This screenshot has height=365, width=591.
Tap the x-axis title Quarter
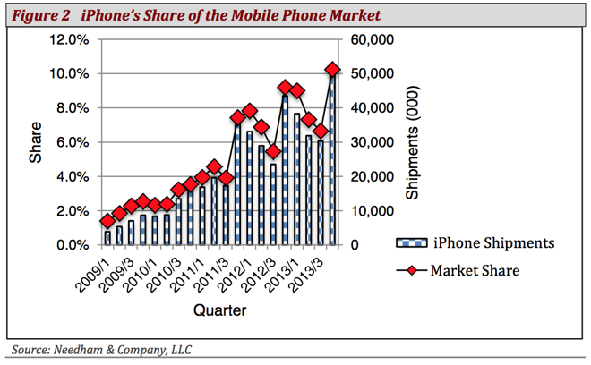pos(218,310)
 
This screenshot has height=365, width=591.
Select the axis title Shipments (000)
pos(413,143)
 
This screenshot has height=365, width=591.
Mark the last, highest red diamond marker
pos(332,70)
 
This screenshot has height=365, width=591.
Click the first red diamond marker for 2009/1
pos(107,221)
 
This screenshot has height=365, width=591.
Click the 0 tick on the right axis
pos(355,245)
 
